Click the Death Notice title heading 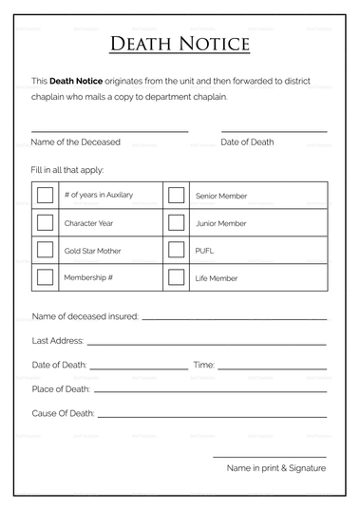(x=180, y=44)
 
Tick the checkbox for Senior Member (x=176, y=196)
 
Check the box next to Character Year (x=45, y=223)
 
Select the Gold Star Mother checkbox (x=45, y=251)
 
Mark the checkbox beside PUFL (x=176, y=251)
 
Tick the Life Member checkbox (x=176, y=278)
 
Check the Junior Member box (x=176, y=223)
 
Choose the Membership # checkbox (x=45, y=278)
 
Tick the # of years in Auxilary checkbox (x=45, y=196)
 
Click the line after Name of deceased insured (x=234, y=319)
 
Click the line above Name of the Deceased (x=109, y=131)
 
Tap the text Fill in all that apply (x=67, y=169)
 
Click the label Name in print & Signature (x=275, y=468)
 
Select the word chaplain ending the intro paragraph (x=208, y=96)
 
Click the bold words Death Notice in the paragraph (x=79, y=82)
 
